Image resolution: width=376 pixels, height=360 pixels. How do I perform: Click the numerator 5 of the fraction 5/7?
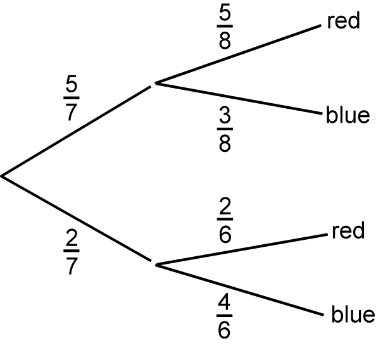[72, 84]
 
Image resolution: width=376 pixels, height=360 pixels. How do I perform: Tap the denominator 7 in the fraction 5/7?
[72, 112]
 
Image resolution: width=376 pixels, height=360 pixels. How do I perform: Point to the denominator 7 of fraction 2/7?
[72, 266]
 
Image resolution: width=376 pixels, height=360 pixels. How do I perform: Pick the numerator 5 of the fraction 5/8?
[225, 13]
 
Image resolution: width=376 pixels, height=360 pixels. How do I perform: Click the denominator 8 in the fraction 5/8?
[225, 40]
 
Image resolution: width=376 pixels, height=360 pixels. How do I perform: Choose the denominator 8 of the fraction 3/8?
[225, 143]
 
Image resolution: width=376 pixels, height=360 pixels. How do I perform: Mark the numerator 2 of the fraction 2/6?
[225, 206]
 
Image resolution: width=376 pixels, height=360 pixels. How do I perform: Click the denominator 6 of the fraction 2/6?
[225, 233]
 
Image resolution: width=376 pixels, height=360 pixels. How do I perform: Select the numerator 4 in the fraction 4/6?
[225, 302]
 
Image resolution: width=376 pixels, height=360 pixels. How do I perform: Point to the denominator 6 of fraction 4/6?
[225, 330]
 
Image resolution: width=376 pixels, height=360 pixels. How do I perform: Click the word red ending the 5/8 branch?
[343, 20]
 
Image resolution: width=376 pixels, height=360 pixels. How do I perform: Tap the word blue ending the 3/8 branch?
[348, 115]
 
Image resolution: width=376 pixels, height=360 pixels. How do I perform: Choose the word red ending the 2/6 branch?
[348, 230]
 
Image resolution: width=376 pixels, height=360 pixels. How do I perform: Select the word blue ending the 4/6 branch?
[353, 314]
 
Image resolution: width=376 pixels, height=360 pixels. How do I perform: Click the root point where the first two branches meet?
[2, 176]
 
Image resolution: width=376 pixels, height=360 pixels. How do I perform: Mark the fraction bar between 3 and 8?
[225, 129]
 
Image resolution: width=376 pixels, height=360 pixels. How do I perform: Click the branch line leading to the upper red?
[238, 54]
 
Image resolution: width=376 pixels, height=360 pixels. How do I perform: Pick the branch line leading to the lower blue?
[239, 290]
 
